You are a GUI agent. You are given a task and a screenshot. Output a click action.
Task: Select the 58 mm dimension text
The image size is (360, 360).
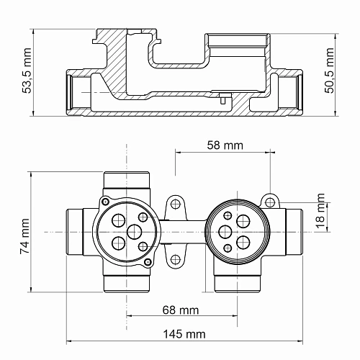[223, 145]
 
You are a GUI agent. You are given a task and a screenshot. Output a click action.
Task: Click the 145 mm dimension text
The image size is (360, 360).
[184, 334]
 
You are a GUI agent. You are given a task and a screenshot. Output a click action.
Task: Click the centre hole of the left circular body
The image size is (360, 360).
[134, 232]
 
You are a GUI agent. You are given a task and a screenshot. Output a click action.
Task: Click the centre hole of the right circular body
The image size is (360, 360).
[225, 232]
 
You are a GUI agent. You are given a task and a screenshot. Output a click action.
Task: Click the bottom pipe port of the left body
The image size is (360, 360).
[127, 282]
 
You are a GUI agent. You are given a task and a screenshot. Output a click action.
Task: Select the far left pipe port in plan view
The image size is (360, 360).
[76, 232]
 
